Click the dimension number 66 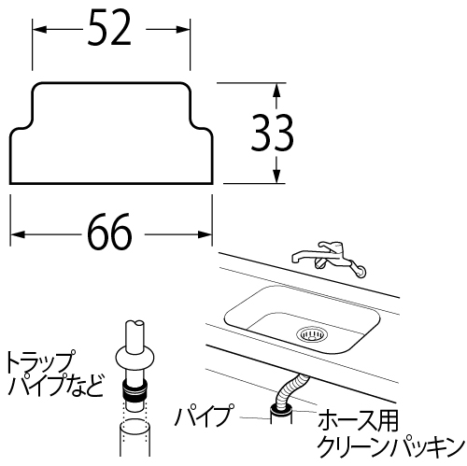[109, 232]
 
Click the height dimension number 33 [272, 133]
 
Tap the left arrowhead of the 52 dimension [39, 30]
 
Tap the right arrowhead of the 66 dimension [205, 234]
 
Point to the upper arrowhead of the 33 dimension [276, 90]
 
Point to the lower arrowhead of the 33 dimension [276, 176]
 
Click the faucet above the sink [329, 260]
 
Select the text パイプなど [55, 385]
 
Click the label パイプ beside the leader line [205, 416]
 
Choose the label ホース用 [358, 420]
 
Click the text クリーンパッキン [390, 446]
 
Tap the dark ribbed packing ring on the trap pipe [134, 390]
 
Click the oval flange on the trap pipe [134, 359]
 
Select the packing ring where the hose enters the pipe [281, 408]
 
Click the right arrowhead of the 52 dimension [183, 30]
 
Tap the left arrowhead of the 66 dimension [18, 234]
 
